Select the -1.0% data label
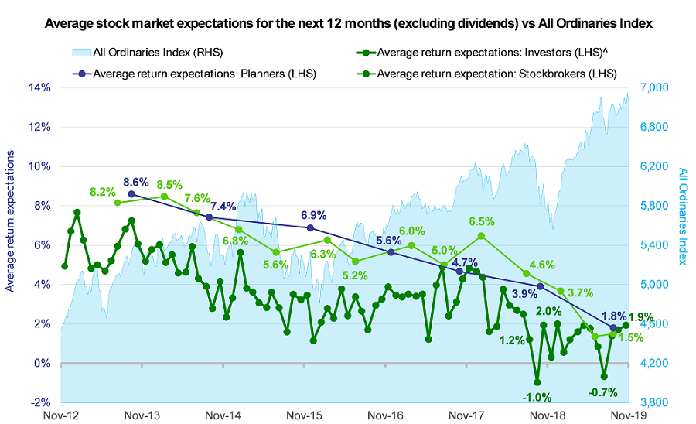coord(537,397)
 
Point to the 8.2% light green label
coord(102,191)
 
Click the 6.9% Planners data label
coord(314,214)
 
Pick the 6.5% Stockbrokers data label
coord(482,222)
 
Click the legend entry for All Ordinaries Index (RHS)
coord(147,53)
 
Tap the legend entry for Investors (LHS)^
coord(495,53)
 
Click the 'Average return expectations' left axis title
coord(12,221)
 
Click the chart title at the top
coord(348,24)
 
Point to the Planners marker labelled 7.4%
coord(209,217)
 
